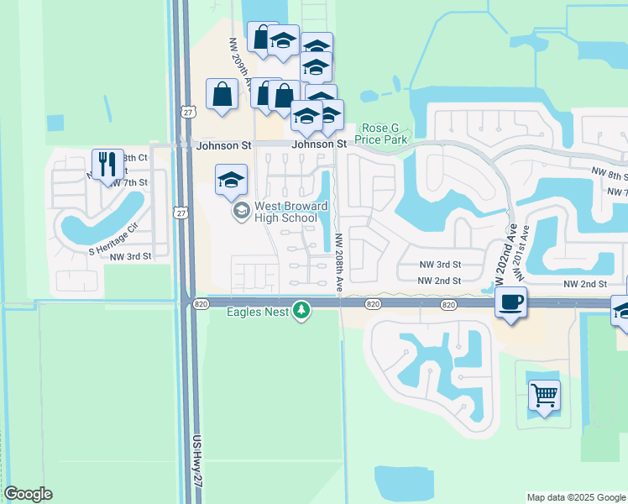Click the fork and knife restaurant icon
pyautogui.click(x=107, y=163)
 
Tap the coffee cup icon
pyautogui.click(x=511, y=302)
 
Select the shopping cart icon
pyautogui.click(x=544, y=394)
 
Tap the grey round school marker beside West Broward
pyautogui.click(x=242, y=210)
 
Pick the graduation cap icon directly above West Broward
pyautogui.click(x=231, y=179)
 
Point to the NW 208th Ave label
pyautogui.click(x=339, y=263)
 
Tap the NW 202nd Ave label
pyautogui.click(x=510, y=250)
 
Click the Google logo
pyautogui.click(x=28, y=494)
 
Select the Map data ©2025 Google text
pyautogui.click(x=576, y=497)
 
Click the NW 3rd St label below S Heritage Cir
pyautogui.click(x=130, y=255)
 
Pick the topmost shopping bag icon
pyautogui.click(x=262, y=37)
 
